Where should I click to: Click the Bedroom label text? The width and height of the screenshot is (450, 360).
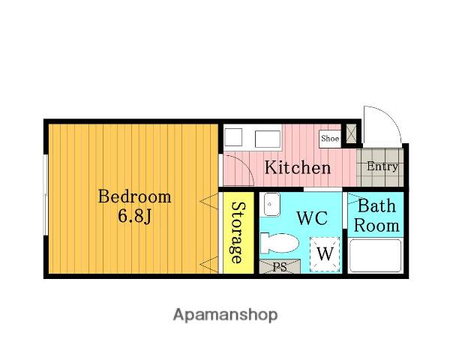tap(134, 197)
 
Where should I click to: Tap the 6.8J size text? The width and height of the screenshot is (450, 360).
tap(134, 217)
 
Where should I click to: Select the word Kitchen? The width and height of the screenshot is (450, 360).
tap(298, 167)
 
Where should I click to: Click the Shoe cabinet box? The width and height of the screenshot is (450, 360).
tap(330, 139)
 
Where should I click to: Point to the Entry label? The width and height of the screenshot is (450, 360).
tap(382, 166)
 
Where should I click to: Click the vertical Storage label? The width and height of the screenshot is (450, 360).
tap(238, 232)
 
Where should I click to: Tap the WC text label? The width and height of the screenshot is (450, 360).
tap(312, 218)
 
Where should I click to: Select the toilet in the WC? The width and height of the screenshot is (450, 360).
tap(279, 243)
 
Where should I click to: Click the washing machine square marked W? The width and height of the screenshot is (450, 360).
tap(325, 254)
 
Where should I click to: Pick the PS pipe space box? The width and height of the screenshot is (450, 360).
tap(280, 267)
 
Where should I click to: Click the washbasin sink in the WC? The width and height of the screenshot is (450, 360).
tap(271, 205)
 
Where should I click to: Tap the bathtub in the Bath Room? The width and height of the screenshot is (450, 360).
tap(376, 256)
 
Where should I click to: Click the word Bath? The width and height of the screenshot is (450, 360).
tap(376, 205)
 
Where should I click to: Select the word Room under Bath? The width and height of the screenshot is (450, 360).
tap(376, 226)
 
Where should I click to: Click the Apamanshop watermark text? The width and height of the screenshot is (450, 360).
tap(225, 315)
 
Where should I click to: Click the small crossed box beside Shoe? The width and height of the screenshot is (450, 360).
tap(351, 133)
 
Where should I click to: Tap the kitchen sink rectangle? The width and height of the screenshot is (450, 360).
tap(268, 139)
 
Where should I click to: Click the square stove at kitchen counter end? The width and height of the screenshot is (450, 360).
tap(233, 137)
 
